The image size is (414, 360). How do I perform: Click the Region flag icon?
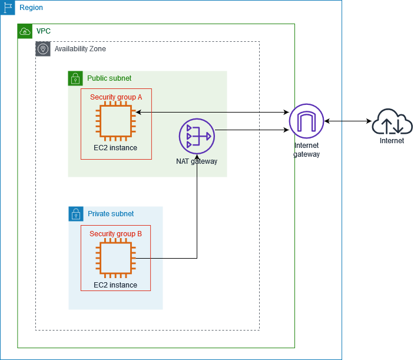[8, 8]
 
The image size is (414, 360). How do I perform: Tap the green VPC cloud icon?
[25, 31]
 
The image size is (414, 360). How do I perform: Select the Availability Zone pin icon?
[43, 49]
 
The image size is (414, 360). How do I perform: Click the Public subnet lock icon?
[75, 78]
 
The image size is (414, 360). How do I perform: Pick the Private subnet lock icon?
[75, 214]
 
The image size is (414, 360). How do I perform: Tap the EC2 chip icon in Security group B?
[115, 259]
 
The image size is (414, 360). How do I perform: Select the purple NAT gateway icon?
[197, 136]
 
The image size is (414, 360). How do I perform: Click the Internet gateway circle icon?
[306, 121]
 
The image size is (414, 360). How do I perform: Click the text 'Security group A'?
[115, 97]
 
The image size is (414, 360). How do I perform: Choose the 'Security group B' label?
[115, 234]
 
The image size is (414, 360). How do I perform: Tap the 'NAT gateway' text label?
[197, 161]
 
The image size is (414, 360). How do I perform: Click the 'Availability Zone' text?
[80, 49]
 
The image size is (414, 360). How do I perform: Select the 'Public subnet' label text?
[109, 78]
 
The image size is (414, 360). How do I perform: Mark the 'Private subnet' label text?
[110, 214]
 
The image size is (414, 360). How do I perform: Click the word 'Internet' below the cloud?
[392, 141]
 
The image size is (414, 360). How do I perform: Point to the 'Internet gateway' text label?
[306, 150]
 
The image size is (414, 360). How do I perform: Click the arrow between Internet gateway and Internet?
[347, 121]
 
